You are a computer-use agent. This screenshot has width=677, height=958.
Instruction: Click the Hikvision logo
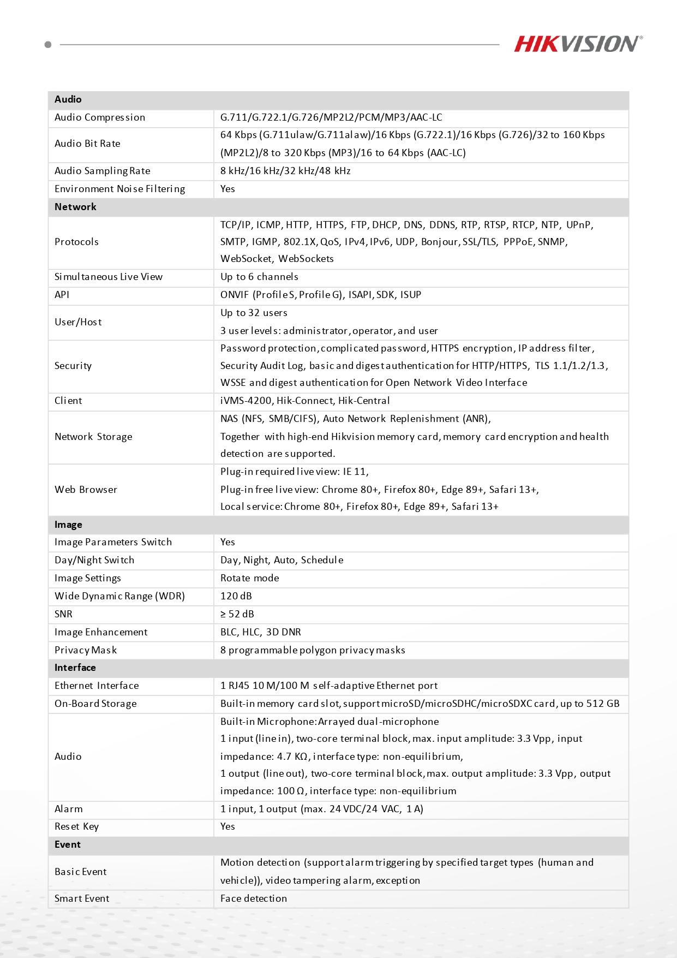click(578, 44)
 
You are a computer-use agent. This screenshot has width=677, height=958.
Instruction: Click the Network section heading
click(75, 207)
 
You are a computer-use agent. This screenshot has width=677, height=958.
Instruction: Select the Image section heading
click(68, 525)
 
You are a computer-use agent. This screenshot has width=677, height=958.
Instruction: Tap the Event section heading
click(68, 844)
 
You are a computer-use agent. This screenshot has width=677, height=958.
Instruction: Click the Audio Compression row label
click(100, 117)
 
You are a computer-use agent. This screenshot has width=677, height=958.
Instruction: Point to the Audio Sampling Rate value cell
click(285, 171)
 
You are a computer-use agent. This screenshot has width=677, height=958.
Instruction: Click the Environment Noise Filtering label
click(119, 189)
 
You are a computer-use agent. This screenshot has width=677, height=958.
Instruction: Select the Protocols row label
click(76, 242)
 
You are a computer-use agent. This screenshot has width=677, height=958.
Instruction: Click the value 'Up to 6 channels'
click(259, 277)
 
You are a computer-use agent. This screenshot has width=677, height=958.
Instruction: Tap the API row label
click(62, 295)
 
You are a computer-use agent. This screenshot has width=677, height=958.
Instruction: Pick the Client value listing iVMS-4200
click(305, 401)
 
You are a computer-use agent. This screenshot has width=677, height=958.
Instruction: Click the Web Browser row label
click(86, 490)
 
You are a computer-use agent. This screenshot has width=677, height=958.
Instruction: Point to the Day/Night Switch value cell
click(281, 560)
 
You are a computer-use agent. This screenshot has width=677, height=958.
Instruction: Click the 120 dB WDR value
click(236, 596)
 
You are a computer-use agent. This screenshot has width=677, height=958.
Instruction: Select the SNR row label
click(63, 614)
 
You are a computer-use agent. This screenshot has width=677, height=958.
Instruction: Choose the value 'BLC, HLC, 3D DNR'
click(261, 632)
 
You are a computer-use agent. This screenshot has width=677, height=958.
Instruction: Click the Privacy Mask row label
click(86, 650)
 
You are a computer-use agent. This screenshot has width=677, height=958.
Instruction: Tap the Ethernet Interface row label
click(97, 686)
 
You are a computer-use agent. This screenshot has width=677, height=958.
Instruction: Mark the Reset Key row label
click(76, 826)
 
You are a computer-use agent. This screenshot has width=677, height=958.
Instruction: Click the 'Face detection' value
click(254, 899)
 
